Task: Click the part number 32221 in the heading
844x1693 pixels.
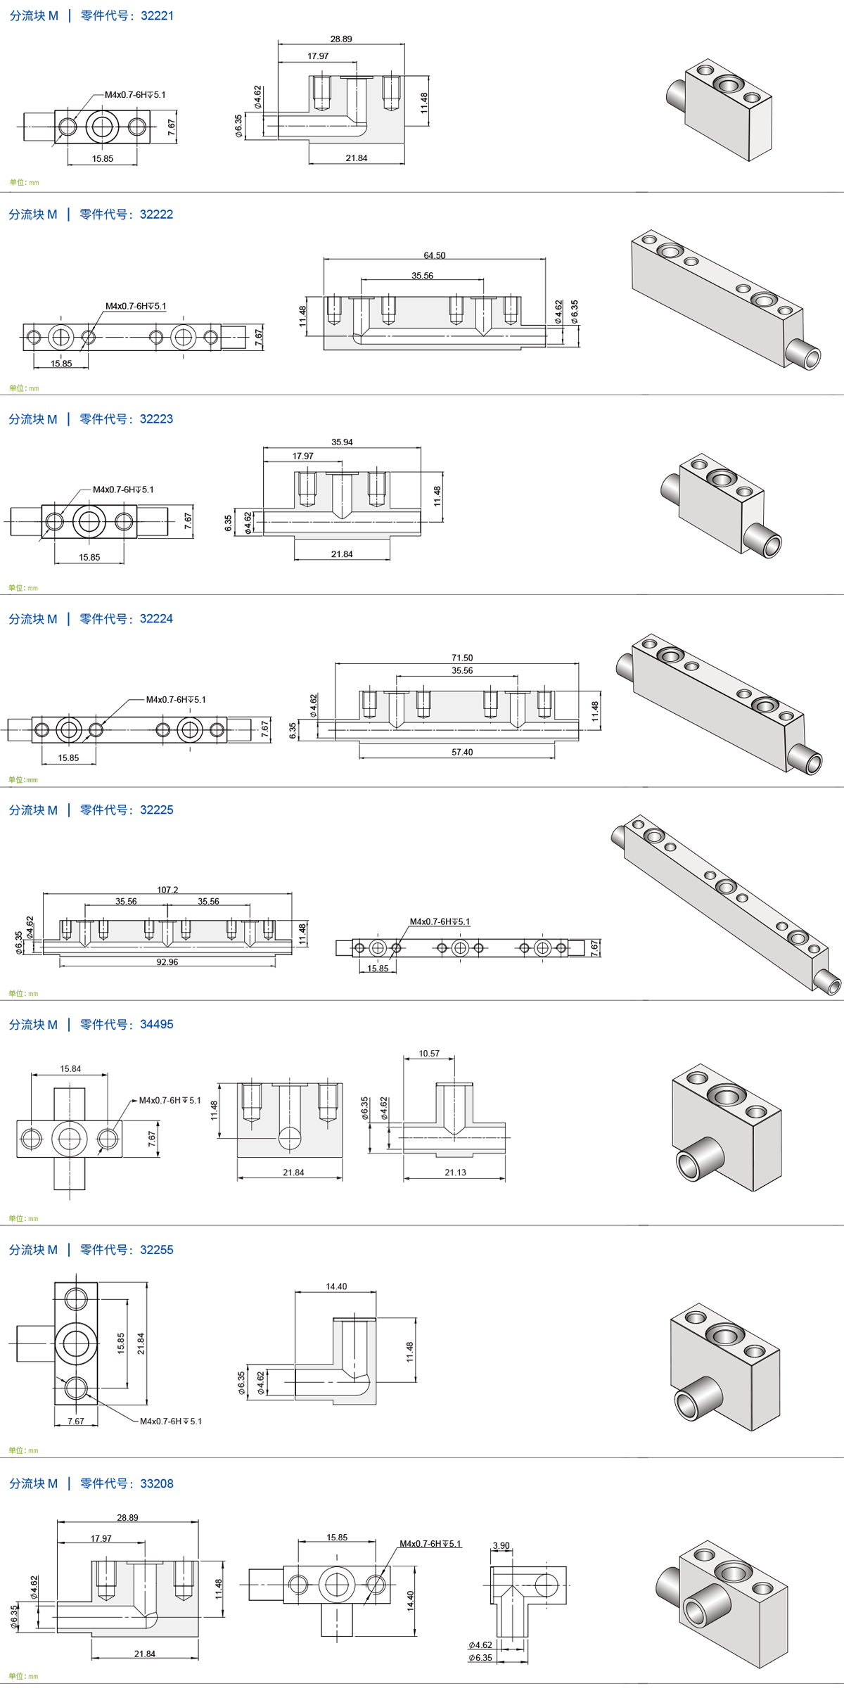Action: coord(157,15)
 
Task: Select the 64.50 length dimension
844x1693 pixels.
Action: coord(435,255)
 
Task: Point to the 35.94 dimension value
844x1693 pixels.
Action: coord(342,442)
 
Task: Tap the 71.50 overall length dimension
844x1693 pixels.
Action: coord(462,658)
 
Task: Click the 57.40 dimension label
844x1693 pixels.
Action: coord(462,752)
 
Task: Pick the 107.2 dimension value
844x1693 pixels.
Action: coord(167,890)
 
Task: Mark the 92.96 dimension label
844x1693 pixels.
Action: coord(167,962)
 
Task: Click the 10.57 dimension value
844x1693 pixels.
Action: coord(429,1054)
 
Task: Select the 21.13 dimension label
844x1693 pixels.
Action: coord(455,1173)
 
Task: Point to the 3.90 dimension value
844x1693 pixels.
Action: coord(501,1546)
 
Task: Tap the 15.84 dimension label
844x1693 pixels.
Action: coord(70,1069)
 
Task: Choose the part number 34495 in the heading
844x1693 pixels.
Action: coord(156,1025)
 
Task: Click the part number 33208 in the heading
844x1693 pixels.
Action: coord(156,1483)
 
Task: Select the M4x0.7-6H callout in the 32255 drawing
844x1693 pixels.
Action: coord(171,1422)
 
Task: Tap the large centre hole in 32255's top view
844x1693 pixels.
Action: coord(76,1343)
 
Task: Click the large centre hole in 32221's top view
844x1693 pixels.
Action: coord(103,127)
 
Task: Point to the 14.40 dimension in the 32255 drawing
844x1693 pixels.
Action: coord(336,1286)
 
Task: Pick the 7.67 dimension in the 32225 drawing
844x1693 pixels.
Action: coord(595,947)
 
